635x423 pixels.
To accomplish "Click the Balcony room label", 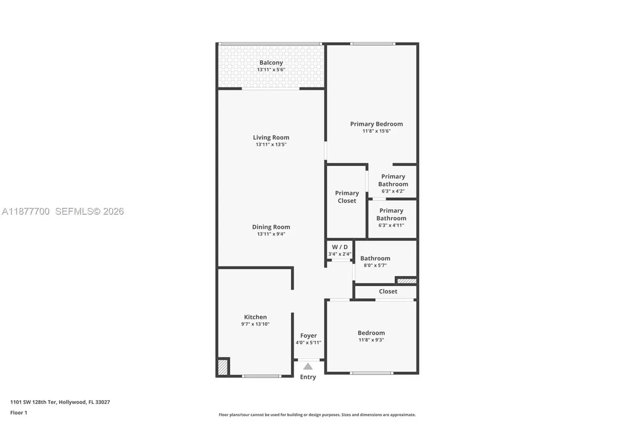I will click(x=271, y=62).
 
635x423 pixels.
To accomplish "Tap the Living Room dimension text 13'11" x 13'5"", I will click(x=271, y=144).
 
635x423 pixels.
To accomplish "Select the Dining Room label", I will click(x=271, y=227).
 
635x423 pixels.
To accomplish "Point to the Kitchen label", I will click(x=255, y=317).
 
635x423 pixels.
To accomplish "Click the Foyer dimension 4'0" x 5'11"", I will click(x=309, y=343).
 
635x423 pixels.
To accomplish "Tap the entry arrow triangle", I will click(x=308, y=366).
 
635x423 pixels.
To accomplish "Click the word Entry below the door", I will click(x=308, y=377).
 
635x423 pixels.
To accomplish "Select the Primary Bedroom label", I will click(x=376, y=124).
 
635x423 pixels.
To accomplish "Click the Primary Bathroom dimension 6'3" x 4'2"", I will click(x=393, y=191).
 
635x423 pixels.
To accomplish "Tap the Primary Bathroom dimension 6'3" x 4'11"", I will click(x=392, y=225).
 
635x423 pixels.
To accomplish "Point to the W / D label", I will click(x=340, y=247).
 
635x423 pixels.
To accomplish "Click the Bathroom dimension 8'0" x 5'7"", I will click(x=375, y=265).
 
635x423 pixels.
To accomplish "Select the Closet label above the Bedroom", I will click(x=388, y=291).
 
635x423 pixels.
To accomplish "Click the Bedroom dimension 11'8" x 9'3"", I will click(x=371, y=340).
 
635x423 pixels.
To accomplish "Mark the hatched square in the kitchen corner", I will click(x=223, y=367).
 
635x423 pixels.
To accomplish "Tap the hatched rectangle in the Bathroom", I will click(x=406, y=280).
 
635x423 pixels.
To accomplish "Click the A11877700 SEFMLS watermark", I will click(x=62, y=212).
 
